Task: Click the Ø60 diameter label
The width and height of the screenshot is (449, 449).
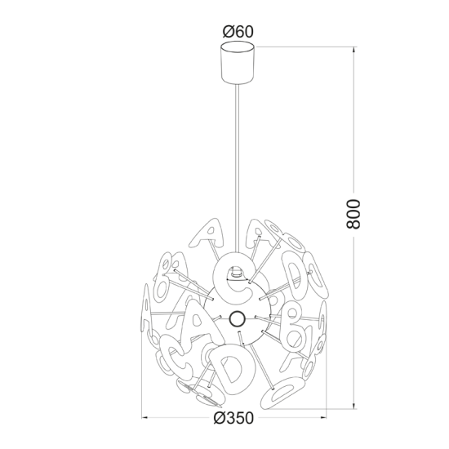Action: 238,32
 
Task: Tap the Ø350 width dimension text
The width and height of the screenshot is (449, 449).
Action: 233,418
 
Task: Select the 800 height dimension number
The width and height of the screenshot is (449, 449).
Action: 353,214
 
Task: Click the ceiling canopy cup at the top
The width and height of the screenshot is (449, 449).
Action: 238,63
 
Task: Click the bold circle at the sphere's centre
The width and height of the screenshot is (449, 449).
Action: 238,318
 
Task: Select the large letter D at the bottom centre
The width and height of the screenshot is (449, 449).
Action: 232,369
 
